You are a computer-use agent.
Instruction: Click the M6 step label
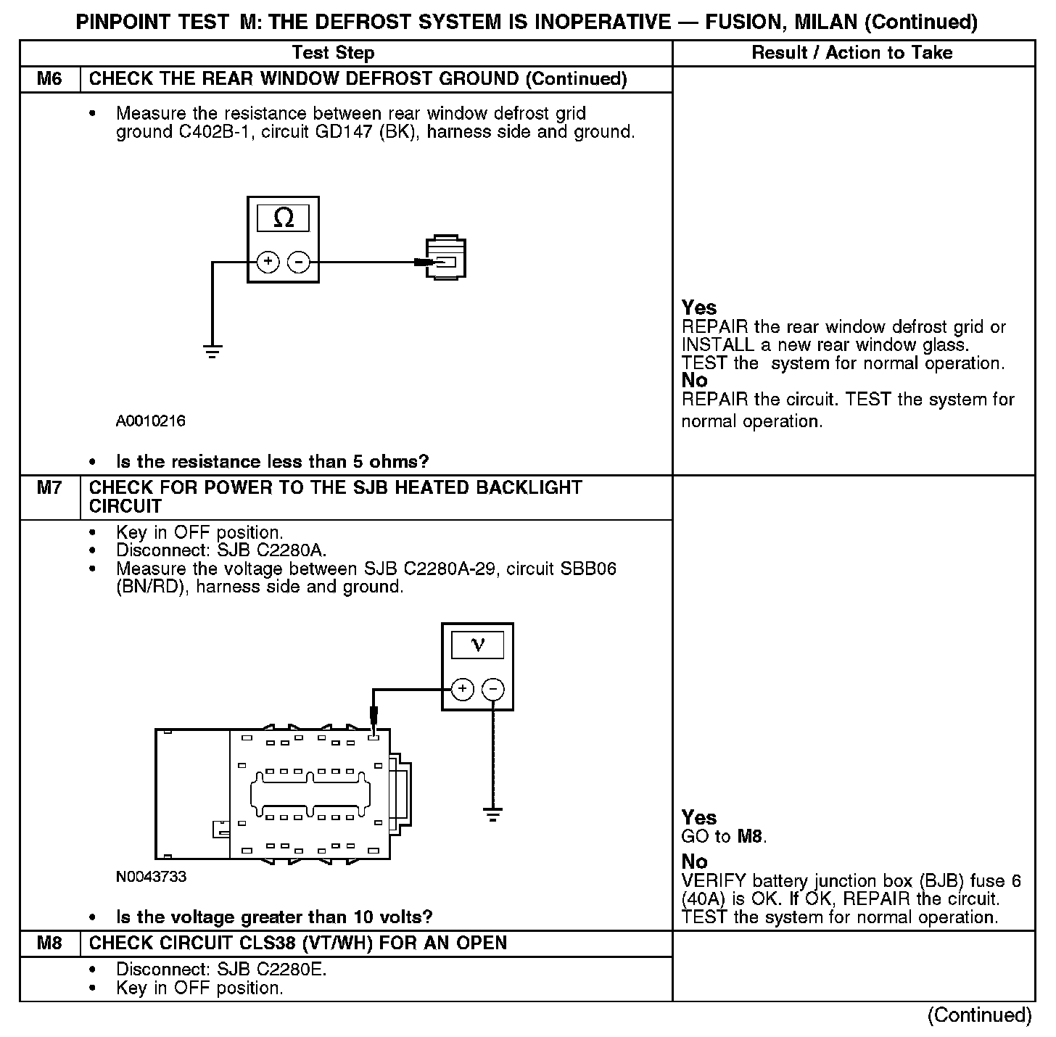coord(49,79)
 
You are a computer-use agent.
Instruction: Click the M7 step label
coord(49,488)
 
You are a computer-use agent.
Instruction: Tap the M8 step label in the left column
coord(49,943)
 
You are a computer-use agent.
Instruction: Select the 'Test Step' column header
coord(333,53)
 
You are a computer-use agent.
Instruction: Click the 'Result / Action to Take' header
coord(852,52)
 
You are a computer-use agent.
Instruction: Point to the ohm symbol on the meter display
coord(284,218)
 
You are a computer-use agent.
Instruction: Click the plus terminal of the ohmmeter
coord(268,262)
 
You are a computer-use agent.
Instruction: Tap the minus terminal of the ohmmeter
coord(298,262)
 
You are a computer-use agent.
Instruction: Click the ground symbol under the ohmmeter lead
coord(213,353)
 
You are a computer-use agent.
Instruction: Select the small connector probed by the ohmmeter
coord(445,257)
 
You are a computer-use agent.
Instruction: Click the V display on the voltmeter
coord(477,644)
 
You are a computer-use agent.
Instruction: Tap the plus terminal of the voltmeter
coord(463,689)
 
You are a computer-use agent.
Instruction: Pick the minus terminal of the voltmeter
coord(493,689)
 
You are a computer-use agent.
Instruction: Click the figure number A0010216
coord(151,421)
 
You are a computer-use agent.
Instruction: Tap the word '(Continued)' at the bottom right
coord(979,1015)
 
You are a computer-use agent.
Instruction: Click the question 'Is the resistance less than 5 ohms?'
coord(272,462)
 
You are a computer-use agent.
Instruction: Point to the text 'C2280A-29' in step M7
coord(450,569)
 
